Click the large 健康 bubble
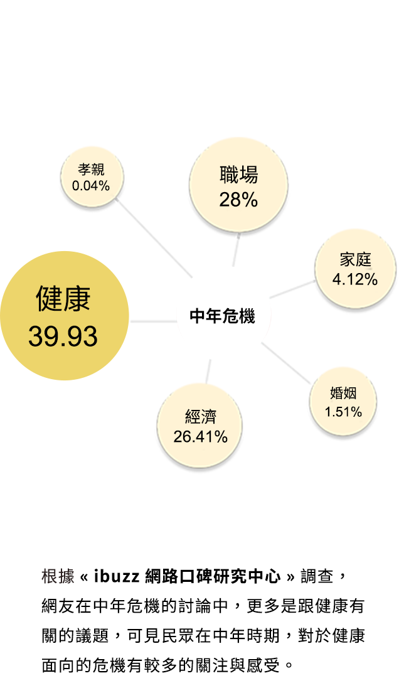(x=64, y=315)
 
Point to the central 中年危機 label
(x=223, y=316)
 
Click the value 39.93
(x=63, y=336)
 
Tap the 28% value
(x=238, y=200)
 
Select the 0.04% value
(x=91, y=186)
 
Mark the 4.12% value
(x=355, y=280)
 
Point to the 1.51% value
(x=343, y=412)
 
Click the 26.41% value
(x=200, y=437)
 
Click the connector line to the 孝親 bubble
(x=156, y=239)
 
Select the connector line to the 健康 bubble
(x=153, y=321)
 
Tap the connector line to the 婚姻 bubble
(x=286, y=363)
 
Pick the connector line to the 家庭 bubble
(x=292, y=289)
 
